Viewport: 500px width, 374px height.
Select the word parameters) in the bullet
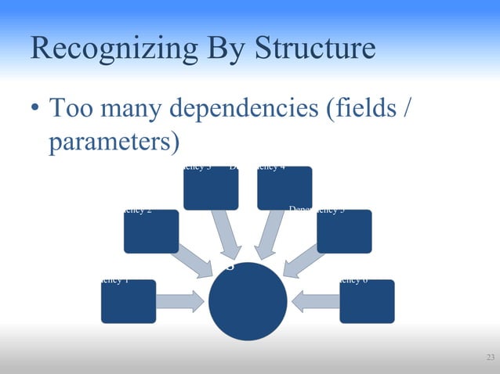pyautogui.click(x=115, y=143)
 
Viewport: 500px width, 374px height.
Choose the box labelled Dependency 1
pyautogui.click(x=129, y=301)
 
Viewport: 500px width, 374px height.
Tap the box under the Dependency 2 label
pyautogui.click(x=151, y=232)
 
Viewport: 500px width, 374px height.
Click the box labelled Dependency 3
pyautogui.click(x=211, y=188)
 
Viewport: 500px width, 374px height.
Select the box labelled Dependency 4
pyautogui.click(x=284, y=188)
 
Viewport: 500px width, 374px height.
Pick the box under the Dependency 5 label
pyautogui.click(x=344, y=232)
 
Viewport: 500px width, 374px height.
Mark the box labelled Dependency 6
pyautogui.click(x=367, y=301)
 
